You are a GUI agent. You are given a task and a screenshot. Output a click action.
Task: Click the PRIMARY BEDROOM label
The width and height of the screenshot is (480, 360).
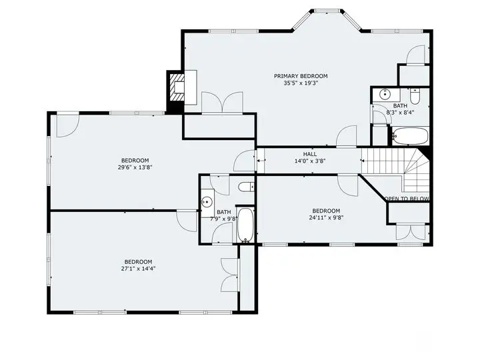(x=301, y=76)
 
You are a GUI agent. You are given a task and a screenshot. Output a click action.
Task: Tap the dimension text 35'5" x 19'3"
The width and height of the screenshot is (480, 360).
(x=301, y=83)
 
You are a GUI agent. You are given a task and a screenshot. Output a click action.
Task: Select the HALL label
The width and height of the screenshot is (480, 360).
(x=310, y=154)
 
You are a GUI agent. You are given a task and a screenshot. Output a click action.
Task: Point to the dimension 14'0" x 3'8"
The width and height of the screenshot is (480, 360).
(x=310, y=161)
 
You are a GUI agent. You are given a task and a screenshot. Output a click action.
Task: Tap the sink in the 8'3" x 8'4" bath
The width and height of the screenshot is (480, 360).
(x=385, y=94)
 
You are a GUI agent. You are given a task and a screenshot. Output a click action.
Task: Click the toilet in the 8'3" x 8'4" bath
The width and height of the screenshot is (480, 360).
(x=415, y=96)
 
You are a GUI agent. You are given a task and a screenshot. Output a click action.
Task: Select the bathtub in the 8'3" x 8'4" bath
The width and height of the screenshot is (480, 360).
(x=410, y=136)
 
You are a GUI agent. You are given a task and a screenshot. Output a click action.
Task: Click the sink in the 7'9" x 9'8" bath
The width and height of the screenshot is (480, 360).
(x=207, y=202)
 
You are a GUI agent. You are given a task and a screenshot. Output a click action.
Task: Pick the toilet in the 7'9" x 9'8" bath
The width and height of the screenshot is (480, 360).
(x=246, y=187)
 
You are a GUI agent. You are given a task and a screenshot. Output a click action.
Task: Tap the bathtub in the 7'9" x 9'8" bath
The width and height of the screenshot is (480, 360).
(x=245, y=225)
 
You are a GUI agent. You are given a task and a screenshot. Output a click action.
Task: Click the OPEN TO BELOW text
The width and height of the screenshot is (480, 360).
(x=407, y=199)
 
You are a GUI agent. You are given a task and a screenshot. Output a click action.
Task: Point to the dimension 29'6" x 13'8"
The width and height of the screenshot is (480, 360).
(x=135, y=167)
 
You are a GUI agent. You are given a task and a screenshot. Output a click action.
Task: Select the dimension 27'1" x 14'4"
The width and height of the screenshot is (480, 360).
(x=138, y=269)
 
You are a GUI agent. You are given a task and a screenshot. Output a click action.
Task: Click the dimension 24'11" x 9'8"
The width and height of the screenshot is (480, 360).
(x=326, y=218)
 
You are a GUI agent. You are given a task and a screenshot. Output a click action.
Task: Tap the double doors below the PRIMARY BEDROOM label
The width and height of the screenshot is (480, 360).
(x=222, y=103)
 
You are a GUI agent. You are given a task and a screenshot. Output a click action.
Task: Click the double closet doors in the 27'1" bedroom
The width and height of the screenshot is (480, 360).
(x=230, y=275)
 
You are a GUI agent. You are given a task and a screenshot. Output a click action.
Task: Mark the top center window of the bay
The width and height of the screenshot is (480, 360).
(x=327, y=11)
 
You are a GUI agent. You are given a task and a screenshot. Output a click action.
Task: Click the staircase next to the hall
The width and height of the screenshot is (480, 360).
(x=395, y=169)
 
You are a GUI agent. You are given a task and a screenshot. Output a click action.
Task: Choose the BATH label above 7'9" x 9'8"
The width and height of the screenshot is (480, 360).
(x=224, y=212)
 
